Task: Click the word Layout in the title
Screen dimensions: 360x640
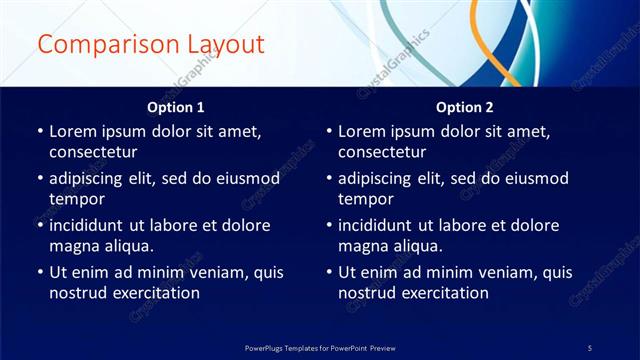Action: (222, 45)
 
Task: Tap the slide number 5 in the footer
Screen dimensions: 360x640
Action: (590, 347)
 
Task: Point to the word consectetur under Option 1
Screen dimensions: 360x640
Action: (93, 152)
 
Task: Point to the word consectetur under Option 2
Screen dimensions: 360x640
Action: (382, 152)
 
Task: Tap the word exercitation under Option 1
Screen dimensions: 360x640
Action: (154, 293)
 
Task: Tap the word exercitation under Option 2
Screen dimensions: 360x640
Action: (443, 293)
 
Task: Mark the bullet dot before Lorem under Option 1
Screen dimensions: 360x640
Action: (39, 131)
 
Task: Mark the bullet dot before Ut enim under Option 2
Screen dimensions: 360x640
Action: (328, 272)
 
